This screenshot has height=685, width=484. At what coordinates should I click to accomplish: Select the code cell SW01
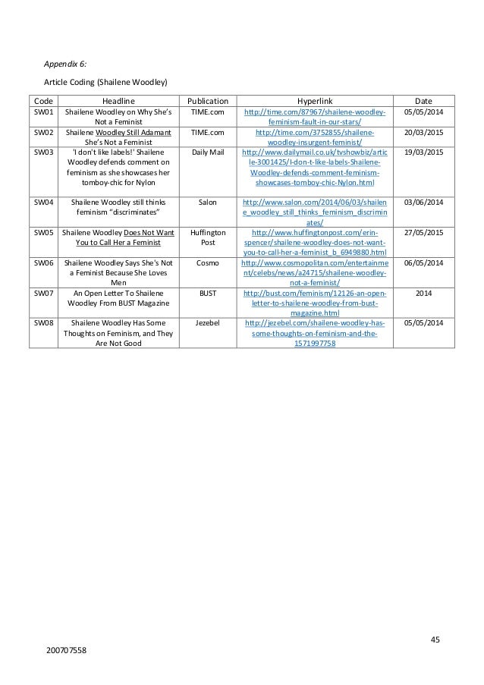(x=43, y=112)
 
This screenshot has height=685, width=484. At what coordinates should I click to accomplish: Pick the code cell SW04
(x=43, y=203)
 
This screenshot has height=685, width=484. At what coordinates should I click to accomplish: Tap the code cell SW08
(x=43, y=322)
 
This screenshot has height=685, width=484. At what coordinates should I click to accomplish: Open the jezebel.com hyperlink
(x=314, y=332)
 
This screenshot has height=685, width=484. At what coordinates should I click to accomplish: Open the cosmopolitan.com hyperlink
(x=314, y=272)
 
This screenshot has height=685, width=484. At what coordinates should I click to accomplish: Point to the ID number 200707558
(x=65, y=650)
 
